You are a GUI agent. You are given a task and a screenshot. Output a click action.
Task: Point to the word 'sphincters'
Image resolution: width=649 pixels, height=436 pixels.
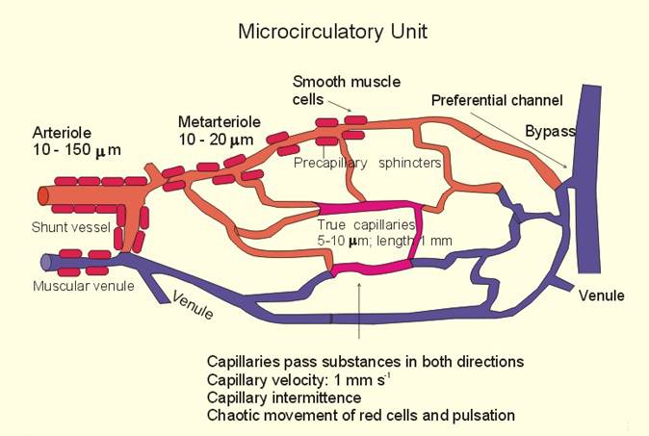pyautogui.click(x=410, y=163)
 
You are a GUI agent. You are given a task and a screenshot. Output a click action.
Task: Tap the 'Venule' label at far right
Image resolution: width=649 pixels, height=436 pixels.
pyautogui.click(x=601, y=295)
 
